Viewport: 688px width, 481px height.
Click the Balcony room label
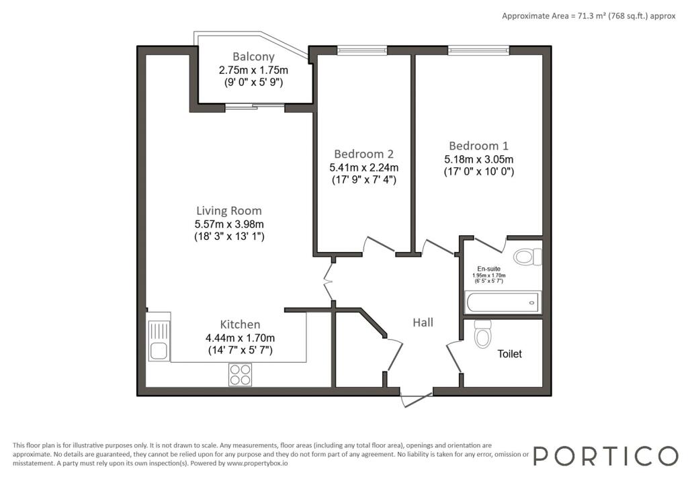click(253, 56)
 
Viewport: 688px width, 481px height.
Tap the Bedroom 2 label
click(363, 154)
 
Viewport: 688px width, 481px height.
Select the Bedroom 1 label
click(478, 146)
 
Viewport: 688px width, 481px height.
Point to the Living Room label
click(228, 211)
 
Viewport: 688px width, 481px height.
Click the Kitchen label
click(240, 324)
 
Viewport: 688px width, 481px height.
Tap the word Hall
click(423, 322)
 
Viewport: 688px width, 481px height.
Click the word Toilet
click(509, 354)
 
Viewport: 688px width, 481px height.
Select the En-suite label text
click(489, 269)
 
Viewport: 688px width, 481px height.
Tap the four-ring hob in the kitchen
click(240, 375)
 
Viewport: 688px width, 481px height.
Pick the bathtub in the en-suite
click(503, 302)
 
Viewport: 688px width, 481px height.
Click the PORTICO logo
click(605, 456)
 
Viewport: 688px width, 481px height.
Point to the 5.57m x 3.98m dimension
click(229, 224)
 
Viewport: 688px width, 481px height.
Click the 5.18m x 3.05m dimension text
click(478, 159)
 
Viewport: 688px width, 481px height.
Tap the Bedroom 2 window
click(362, 50)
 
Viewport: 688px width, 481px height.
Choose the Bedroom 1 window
click(478, 50)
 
